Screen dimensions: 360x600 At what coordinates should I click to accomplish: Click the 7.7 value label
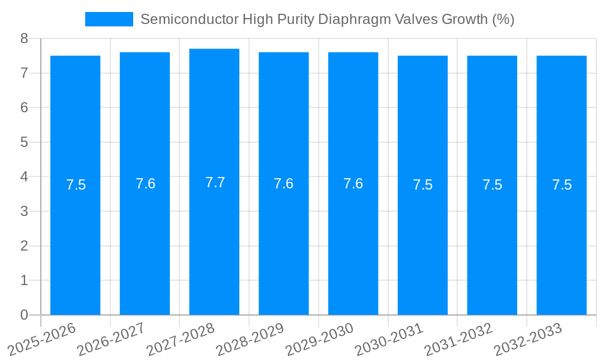click(x=215, y=182)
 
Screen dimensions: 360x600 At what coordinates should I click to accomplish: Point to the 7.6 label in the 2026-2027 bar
click(x=145, y=184)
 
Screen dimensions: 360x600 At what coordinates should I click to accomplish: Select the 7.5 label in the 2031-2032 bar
click(x=492, y=185)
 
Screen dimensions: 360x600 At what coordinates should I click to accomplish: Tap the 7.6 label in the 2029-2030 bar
click(x=353, y=184)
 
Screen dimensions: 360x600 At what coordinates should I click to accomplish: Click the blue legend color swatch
click(x=109, y=19)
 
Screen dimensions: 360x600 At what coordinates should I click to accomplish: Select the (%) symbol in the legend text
click(x=503, y=19)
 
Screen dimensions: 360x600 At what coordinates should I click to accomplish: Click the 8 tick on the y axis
click(x=24, y=38)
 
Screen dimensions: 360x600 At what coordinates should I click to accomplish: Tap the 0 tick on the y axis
click(x=24, y=315)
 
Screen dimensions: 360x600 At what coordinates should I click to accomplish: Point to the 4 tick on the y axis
click(x=24, y=177)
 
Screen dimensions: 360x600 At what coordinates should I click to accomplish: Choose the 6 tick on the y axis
click(x=24, y=108)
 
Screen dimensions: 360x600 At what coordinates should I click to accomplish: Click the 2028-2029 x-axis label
click(x=250, y=339)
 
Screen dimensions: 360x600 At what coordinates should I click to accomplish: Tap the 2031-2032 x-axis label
click(x=459, y=339)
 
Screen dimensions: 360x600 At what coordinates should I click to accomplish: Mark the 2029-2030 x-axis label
click(x=320, y=339)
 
